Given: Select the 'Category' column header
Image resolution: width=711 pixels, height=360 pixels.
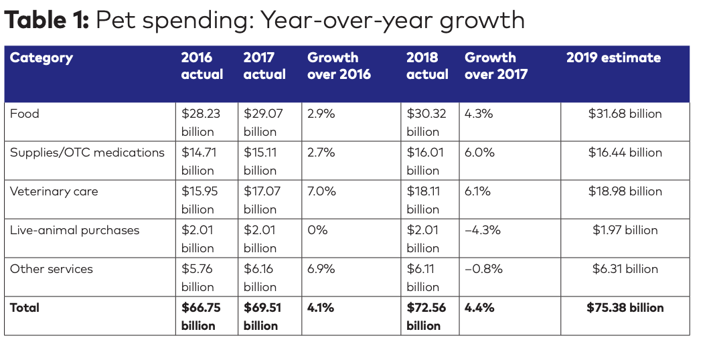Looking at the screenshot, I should [42, 58].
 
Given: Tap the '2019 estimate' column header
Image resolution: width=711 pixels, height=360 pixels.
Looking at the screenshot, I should [613, 58].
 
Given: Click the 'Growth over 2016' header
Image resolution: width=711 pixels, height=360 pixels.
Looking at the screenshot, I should [339, 66].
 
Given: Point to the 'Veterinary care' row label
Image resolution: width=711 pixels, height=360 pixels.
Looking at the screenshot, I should [54, 191].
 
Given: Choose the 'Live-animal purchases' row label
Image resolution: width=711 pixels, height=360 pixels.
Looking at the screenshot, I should [74, 230].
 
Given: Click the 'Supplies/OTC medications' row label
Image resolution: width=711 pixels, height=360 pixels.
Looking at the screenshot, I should [87, 153].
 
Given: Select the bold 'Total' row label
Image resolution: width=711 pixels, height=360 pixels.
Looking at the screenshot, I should [25, 308].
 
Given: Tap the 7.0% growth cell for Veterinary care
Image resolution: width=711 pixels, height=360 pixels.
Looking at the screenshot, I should [321, 191].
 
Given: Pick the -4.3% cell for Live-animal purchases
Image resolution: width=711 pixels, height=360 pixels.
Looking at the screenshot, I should [483, 230].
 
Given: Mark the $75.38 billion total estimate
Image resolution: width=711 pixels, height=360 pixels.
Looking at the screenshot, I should [625, 308].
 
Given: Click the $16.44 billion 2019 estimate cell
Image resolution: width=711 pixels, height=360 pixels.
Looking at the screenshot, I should [625, 153].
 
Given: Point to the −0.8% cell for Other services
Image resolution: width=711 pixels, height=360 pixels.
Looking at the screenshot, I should [483, 269].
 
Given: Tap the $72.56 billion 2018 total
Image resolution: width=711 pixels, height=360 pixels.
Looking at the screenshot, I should [426, 317].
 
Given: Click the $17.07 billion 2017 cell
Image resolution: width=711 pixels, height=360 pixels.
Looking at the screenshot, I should [263, 200].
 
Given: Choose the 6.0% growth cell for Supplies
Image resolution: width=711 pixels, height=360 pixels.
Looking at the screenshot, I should [479, 153].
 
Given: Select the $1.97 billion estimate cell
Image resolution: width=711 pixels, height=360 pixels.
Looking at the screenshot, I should [625, 230].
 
